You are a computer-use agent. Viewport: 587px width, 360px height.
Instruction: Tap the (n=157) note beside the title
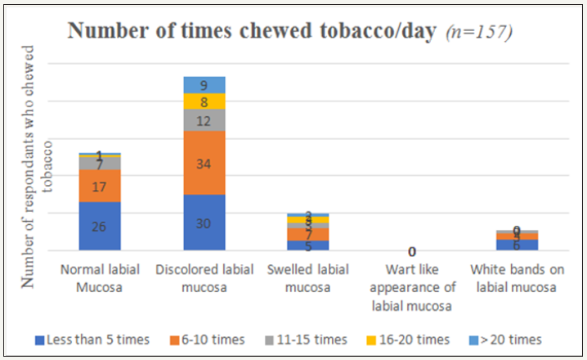pos(480,33)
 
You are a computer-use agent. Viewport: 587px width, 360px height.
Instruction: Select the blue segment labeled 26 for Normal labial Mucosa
pos(100,227)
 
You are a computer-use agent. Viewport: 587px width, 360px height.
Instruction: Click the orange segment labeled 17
pos(100,187)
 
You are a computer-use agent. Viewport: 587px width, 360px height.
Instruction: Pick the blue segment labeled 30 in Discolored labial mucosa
pos(204,223)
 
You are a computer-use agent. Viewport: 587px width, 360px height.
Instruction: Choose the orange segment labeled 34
pos(204,163)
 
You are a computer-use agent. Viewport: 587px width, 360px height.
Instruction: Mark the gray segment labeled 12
pos(204,120)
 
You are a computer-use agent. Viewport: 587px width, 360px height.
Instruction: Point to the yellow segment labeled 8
pos(204,101)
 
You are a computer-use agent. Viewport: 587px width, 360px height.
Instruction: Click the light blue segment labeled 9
pos(204,84)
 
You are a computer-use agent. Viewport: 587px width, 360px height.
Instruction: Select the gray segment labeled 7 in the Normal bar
pos(100,164)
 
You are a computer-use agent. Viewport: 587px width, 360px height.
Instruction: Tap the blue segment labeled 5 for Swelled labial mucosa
pos(307,245)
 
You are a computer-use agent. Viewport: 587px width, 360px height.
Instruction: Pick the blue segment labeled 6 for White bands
pos(517,245)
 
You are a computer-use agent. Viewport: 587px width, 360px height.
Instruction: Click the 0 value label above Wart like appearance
pos(412,251)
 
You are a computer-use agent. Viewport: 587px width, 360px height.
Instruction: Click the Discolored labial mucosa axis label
pos(203,277)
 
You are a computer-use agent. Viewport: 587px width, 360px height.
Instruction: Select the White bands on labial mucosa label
pos(517,277)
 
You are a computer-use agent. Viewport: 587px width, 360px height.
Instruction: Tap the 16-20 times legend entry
pos(412,339)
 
